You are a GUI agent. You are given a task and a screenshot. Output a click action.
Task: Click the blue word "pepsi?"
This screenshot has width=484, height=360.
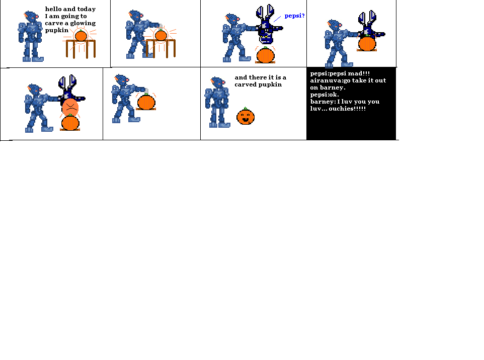pyautogui.click(x=294, y=16)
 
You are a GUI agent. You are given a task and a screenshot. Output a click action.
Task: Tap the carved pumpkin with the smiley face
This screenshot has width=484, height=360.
pyautogui.click(x=246, y=117)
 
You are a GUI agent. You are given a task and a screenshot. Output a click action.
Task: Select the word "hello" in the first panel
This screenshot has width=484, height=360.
pyautogui.click(x=53, y=9)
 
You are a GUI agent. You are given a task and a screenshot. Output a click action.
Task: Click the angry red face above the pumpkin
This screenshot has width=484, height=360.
pyautogui.click(x=70, y=106)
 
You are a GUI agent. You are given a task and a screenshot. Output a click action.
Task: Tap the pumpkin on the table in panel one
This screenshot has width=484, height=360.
pyautogui.click(x=80, y=36)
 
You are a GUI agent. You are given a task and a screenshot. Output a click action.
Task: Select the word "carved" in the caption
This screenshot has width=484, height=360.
pyautogui.click(x=245, y=84)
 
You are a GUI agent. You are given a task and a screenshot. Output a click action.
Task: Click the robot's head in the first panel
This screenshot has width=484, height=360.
pyautogui.click(x=32, y=17)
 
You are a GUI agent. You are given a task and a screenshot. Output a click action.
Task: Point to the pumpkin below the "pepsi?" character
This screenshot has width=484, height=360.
pyautogui.click(x=265, y=55)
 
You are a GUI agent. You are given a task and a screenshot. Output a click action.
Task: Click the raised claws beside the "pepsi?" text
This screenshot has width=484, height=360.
pyautogui.click(x=265, y=13)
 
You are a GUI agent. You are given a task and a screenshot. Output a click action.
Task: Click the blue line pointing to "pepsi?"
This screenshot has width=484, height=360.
pyautogui.click(x=277, y=19)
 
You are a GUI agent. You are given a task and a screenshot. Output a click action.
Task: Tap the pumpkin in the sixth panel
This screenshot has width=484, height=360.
pyautogui.click(x=146, y=102)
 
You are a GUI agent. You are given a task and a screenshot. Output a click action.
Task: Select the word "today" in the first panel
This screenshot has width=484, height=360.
pyautogui.click(x=86, y=9)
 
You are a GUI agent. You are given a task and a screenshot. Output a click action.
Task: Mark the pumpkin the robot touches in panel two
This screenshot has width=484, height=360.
pyautogui.click(x=160, y=35)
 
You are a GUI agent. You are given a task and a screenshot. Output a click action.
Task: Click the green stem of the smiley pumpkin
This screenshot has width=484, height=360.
pyautogui.click(x=245, y=108)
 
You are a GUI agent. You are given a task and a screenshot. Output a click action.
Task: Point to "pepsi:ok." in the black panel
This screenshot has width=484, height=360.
pyautogui.click(x=325, y=95)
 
